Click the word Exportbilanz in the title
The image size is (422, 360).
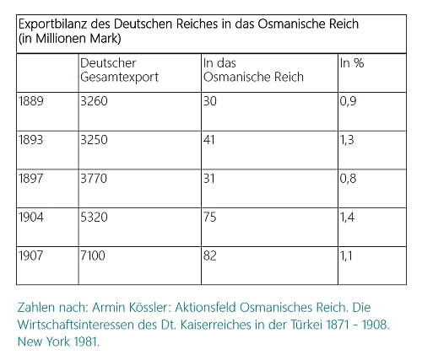(x=52, y=24)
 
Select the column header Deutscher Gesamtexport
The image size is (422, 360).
(x=119, y=70)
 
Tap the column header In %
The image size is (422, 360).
(x=352, y=63)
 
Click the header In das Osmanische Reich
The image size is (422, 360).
(x=253, y=70)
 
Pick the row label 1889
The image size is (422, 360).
(x=31, y=101)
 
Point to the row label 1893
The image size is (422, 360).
(x=31, y=140)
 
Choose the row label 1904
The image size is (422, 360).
(x=31, y=218)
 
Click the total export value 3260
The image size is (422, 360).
(x=94, y=101)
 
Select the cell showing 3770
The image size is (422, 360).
(x=94, y=179)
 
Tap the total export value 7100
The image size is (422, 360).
(x=93, y=255)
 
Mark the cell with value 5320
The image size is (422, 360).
(x=94, y=218)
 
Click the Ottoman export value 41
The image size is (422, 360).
(x=209, y=140)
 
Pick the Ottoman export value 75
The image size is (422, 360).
(x=210, y=218)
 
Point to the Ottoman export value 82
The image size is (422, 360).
(x=210, y=255)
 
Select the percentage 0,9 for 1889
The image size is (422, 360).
(x=348, y=101)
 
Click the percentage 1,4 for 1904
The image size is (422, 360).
(x=347, y=218)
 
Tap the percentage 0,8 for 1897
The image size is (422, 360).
(x=348, y=179)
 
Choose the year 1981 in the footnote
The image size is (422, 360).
(x=86, y=341)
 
